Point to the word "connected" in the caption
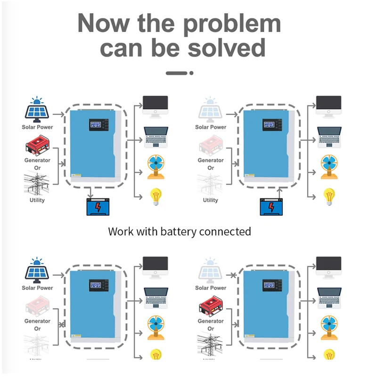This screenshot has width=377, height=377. coord(225,231)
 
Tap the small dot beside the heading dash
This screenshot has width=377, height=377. coord(191,73)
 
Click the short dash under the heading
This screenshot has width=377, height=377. coord(177,73)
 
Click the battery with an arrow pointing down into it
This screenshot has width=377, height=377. coord(97,206)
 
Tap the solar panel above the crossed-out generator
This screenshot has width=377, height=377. coord(37,270)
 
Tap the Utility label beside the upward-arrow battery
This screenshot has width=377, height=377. coord(211,200)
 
